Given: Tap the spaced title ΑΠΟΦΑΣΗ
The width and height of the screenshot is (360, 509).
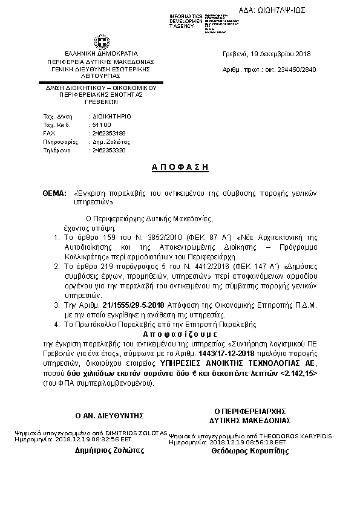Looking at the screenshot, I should click(x=180, y=167).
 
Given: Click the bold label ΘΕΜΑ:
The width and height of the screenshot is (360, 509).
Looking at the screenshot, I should click(x=54, y=193).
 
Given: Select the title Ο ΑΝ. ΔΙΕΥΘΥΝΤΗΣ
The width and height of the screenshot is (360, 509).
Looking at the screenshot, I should click(x=109, y=415).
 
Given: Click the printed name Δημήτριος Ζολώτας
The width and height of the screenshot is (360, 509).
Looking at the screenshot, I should click(x=108, y=450).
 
